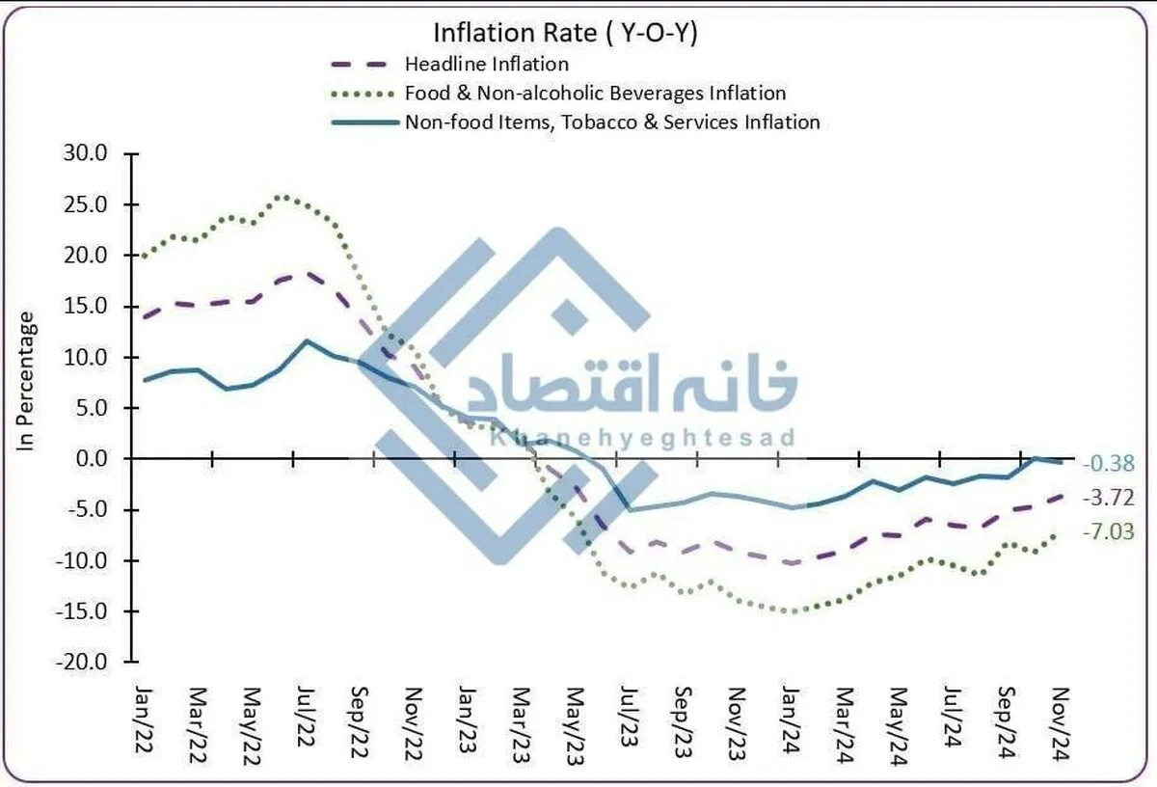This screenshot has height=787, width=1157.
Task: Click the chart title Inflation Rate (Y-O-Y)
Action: point(565,33)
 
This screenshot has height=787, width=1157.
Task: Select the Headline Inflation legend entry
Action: point(487,65)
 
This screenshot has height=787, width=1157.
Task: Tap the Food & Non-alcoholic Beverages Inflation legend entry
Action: point(595,94)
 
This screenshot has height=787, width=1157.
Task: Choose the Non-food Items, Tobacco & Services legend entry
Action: point(612,122)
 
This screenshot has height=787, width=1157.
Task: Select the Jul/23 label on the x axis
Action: point(628,718)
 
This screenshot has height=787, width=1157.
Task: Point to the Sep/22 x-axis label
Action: point(359,718)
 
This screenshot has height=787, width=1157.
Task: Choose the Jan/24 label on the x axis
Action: point(790,718)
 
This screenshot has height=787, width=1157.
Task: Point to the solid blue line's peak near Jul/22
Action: point(307,340)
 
